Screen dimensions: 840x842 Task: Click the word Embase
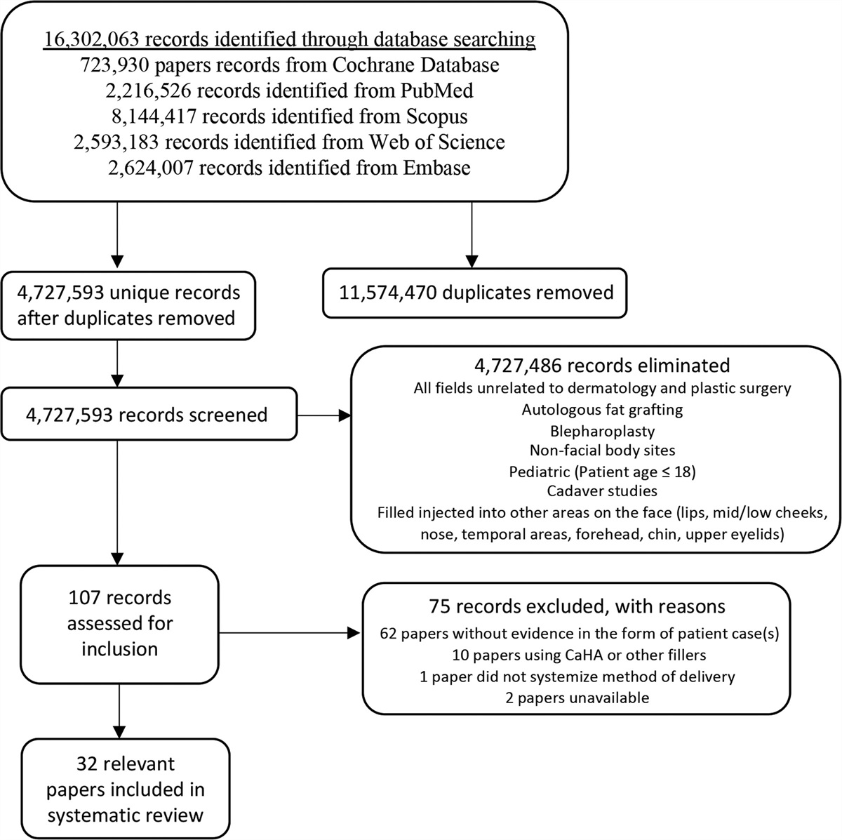pos(436,167)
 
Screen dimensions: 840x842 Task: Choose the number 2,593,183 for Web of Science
pos(116,142)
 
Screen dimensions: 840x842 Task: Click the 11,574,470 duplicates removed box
pos(474,292)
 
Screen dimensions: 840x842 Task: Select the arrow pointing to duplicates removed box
pos(472,239)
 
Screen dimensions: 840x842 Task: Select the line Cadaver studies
pos(601,491)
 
